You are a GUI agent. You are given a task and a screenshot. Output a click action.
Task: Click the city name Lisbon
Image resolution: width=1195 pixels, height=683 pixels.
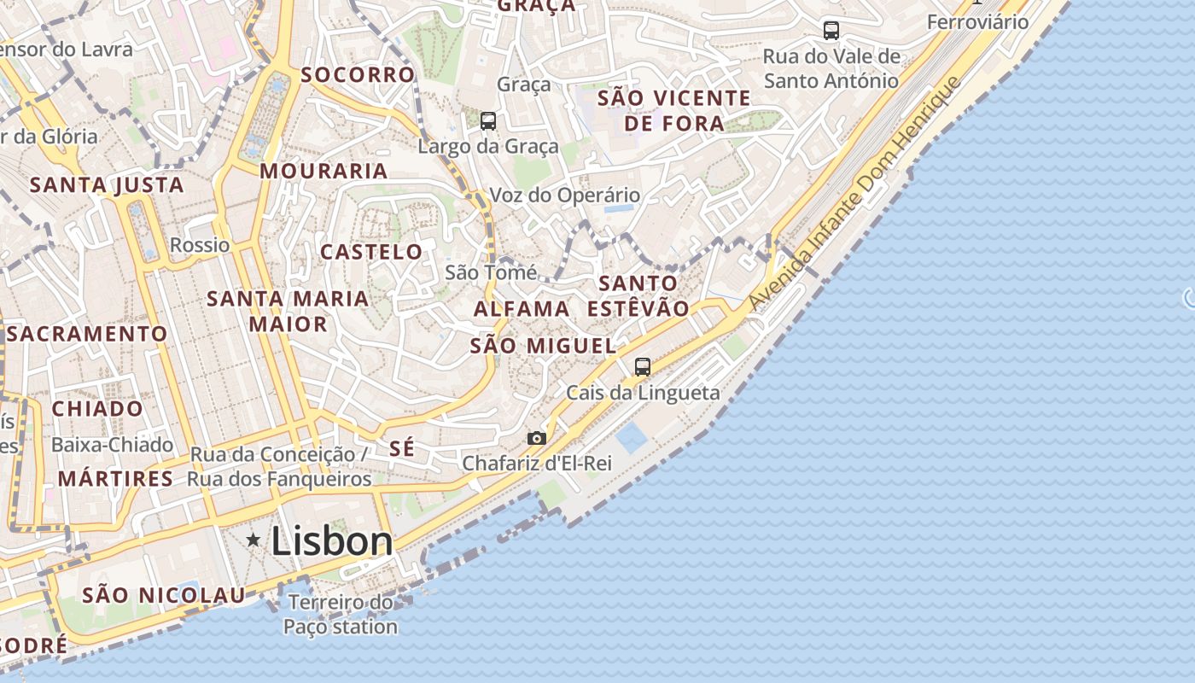[x=332, y=541]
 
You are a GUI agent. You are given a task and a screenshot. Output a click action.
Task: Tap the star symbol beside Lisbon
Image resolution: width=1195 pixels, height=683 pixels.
[x=254, y=540]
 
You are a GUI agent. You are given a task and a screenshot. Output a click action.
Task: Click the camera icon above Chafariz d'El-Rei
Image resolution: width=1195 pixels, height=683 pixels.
[x=536, y=438]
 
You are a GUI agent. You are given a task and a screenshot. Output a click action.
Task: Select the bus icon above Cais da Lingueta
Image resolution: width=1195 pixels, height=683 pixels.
[x=643, y=367]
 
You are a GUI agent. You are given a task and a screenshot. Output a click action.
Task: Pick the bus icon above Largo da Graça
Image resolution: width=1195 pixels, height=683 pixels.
[x=488, y=121]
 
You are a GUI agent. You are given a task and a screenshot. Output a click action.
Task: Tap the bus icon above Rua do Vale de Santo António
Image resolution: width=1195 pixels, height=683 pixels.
[x=831, y=31]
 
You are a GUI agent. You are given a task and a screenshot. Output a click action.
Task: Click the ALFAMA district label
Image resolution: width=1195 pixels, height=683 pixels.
[x=522, y=309]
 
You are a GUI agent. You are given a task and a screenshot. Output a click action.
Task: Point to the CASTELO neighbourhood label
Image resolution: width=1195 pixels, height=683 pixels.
[x=371, y=252]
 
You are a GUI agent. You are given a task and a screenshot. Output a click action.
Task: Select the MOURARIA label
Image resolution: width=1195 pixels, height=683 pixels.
[x=324, y=171]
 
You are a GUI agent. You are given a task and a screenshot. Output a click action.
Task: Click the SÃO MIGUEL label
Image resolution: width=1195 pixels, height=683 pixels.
[x=544, y=346]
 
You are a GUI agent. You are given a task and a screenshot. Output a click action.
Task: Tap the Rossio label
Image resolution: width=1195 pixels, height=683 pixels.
[x=200, y=246]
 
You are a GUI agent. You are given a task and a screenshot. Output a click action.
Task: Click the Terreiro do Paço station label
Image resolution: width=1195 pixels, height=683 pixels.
[x=341, y=615]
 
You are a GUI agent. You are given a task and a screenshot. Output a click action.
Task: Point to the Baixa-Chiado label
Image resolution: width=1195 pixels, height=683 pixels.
[x=112, y=445]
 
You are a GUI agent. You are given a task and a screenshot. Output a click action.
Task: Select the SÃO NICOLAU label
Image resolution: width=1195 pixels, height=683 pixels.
[x=164, y=595]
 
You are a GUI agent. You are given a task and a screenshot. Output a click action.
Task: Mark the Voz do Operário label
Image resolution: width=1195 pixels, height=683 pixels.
[x=564, y=196]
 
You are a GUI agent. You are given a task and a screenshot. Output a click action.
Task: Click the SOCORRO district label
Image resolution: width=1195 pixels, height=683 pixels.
[x=358, y=75]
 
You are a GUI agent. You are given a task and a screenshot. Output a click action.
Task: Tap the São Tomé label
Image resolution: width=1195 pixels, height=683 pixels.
[x=492, y=273]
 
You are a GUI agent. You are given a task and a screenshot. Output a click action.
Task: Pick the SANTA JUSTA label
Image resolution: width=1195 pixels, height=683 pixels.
[x=107, y=185]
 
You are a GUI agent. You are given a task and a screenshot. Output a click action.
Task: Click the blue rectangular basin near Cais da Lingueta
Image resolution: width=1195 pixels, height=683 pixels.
[x=632, y=439]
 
